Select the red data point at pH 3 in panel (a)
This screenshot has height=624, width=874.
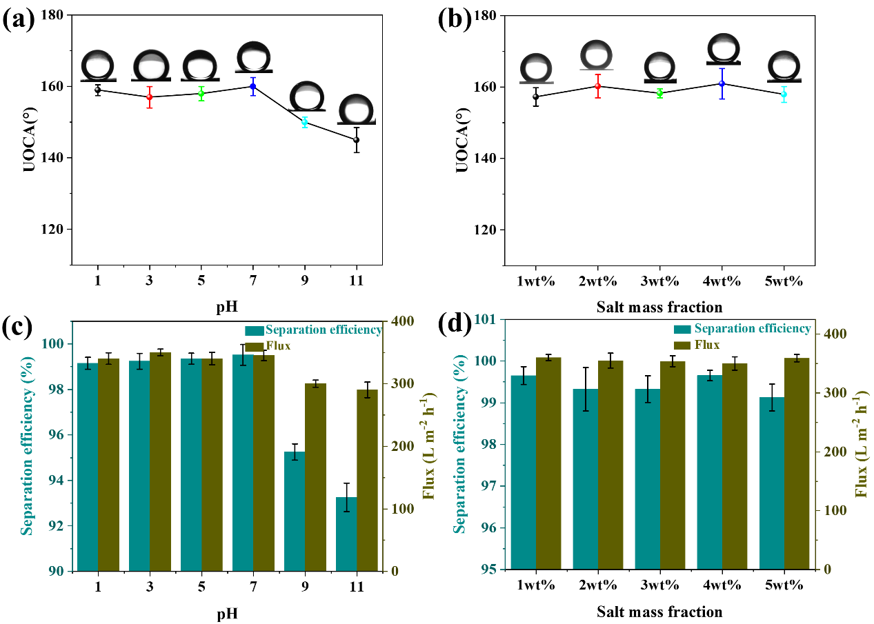click(x=150, y=97)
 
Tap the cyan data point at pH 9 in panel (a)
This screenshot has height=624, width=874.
click(x=304, y=122)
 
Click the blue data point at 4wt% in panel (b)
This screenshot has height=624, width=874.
click(x=722, y=83)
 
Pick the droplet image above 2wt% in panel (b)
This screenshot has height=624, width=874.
click(x=596, y=55)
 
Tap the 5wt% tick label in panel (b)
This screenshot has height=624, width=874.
click(x=784, y=282)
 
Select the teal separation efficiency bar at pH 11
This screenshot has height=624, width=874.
click(x=346, y=534)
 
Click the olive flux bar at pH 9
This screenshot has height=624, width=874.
click(x=315, y=476)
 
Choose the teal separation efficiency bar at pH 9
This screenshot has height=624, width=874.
click(x=295, y=511)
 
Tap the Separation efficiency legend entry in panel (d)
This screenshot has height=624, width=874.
click(x=752, y=329)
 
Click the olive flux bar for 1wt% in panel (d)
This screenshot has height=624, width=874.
click(x=548, y=463)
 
